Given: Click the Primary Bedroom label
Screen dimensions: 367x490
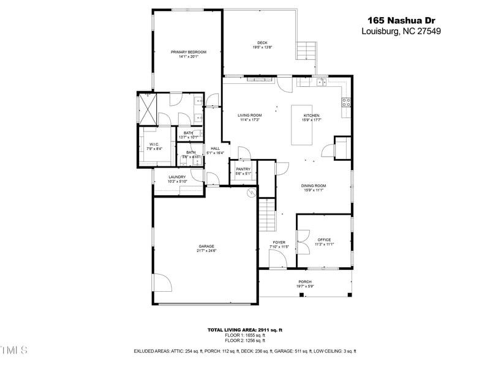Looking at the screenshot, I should [188, 53].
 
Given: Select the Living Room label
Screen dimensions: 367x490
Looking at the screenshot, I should [249, 116].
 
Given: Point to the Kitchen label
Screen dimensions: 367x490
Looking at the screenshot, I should [311, 116].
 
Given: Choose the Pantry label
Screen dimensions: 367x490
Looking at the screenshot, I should [243, 169].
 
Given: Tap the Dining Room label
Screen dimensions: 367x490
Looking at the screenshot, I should [313, 186].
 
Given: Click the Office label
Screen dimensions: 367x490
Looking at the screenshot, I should [324, 240].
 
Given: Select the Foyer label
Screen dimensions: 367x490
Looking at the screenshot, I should [279, 243].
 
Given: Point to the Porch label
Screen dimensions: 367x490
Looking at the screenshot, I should [305, 282].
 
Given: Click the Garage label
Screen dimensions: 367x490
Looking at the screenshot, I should [206, 247].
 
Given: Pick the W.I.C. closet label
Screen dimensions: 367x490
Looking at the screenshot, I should [154, 144].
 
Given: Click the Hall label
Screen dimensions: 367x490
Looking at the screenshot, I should [215, 149].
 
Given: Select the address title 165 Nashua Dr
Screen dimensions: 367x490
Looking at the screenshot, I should [401, 20].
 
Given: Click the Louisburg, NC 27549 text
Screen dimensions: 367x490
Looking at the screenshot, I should [401, 32].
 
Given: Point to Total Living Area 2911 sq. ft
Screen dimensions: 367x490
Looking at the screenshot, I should [245, 330].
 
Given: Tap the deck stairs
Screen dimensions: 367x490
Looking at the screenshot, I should [307, 49].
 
